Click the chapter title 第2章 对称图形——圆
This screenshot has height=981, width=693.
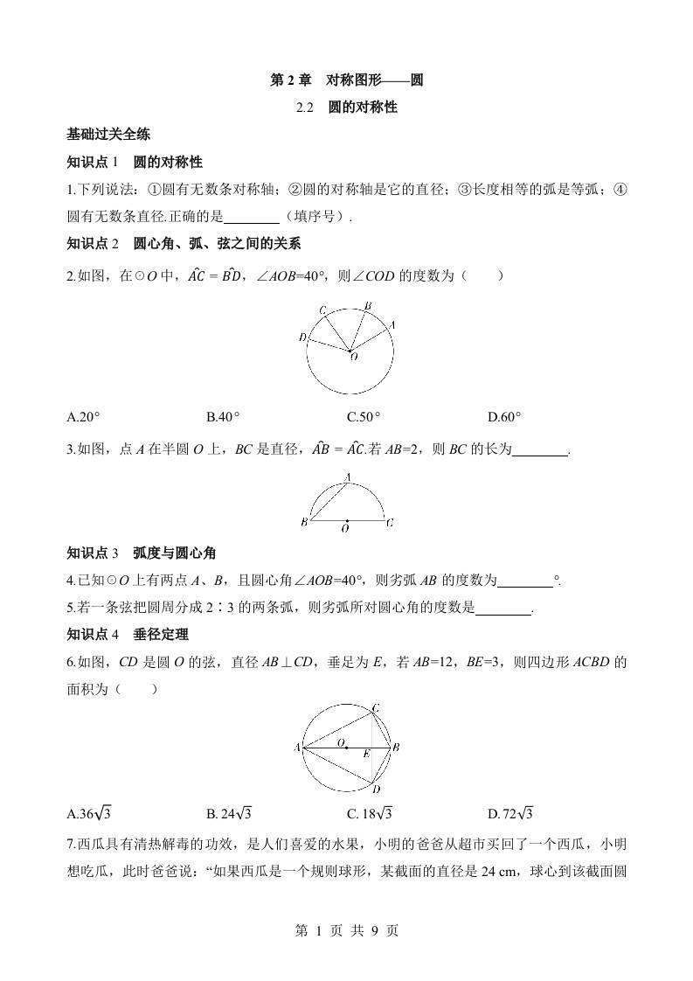pos(347,80)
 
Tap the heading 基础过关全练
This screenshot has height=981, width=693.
pos(108,135)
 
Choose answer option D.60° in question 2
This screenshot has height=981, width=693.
pos(504,417)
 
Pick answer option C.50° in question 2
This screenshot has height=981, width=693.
pos(364,417)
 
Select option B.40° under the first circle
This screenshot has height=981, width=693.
pos(223,417)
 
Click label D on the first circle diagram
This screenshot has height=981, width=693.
pos(302,337)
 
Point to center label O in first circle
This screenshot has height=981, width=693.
pos(353,357)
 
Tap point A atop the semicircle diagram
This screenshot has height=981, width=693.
pos(347,477)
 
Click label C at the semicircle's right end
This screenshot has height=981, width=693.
pos(390,522)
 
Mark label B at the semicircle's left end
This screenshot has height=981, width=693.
pos(303,522)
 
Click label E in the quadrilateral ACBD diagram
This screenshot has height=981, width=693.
pos(367,753)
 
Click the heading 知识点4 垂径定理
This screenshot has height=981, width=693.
pos(128,635)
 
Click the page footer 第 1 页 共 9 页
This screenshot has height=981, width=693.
pos(347,931)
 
